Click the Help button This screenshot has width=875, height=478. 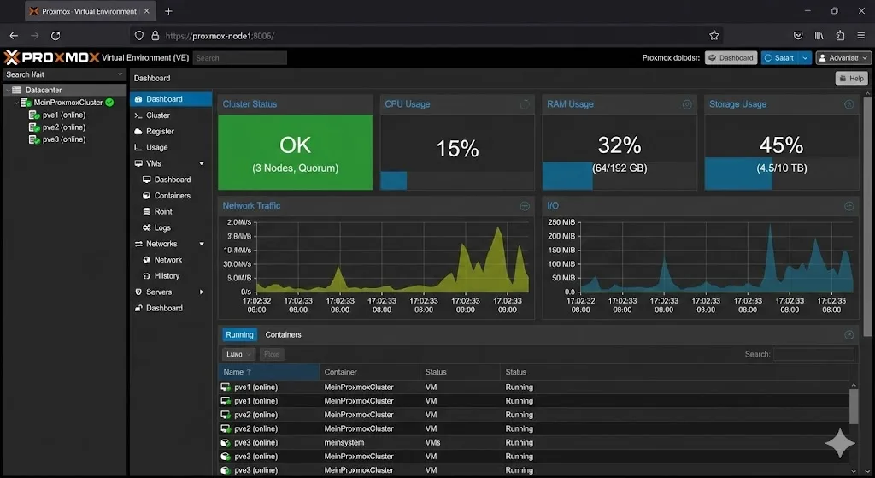[851, 78]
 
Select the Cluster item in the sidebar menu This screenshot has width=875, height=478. [158, 115]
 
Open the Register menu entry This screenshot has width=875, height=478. [160, 132]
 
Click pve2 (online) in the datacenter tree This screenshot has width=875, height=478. [63, 127]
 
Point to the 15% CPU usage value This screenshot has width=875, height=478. [457, 149]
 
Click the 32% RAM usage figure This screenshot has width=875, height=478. [620, 145]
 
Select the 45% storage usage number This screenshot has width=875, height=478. [781, 145]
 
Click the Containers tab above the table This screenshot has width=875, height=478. [283, 335]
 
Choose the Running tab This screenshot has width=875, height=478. [239, 335]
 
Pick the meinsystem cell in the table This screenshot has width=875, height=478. [344, 443]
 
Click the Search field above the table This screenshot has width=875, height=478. [813, 354]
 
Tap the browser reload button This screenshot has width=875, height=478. [56, 36]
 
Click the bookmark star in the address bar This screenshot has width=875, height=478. [714, 36]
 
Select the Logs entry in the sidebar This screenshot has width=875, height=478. [162, 228]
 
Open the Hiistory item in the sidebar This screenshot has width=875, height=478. [167, 276]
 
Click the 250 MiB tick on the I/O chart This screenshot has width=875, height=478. [563, 223]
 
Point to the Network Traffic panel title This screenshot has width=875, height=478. [251, 206]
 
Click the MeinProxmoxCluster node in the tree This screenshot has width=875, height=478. [68, 103]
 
